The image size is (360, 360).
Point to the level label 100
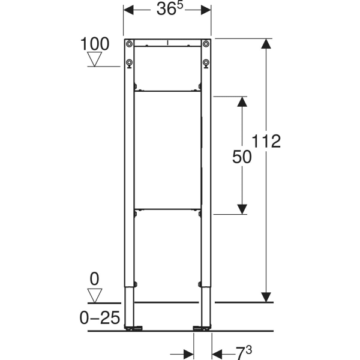pyautogui.click(x=95, y=44)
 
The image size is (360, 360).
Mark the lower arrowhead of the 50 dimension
pyautogui.click(x=242, y=208)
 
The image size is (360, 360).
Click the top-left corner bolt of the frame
pyautogui.click(x=129, y=44)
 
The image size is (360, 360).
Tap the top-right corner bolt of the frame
pyautogui.click(x=206, y=44)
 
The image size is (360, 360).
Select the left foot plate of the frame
pyautogui.click(x=133, y=328)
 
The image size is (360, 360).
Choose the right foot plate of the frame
pyautogui.click(x=202, y=328)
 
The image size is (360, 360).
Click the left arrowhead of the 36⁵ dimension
pyautogui.click(x=128, y=10)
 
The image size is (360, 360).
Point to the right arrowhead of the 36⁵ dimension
pyautogui.click(x=206, y=10)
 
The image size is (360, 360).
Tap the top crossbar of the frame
pyautogui.click(x=167, y=44)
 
